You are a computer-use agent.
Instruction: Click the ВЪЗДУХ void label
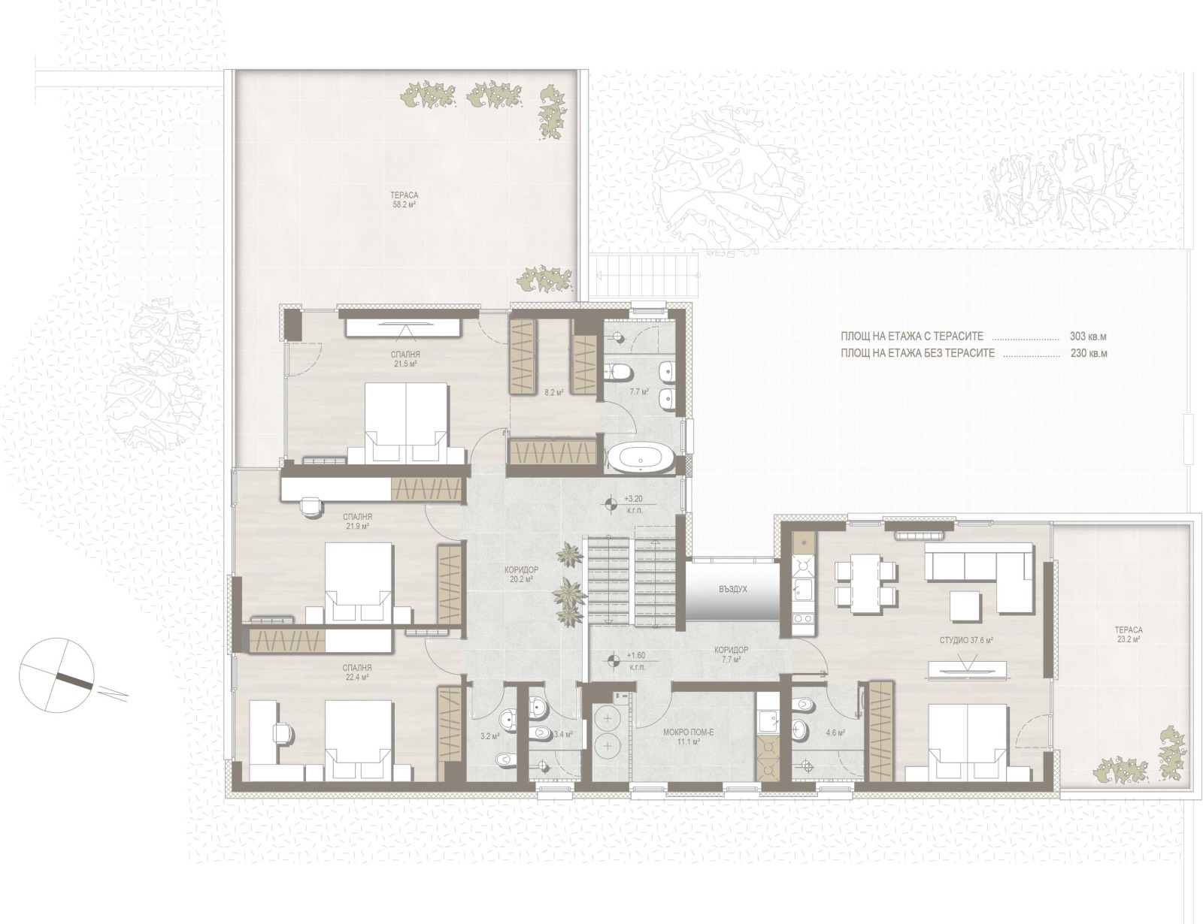(733, 590)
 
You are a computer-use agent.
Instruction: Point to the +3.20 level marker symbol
(611, 503)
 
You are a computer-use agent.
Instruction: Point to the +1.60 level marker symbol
(613, 660)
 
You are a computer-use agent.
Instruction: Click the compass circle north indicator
(56, 675)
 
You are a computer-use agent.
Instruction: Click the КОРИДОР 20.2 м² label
(522, 575)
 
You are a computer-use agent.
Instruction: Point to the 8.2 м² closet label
(553, 392)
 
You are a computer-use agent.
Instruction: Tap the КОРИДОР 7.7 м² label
(732, 655)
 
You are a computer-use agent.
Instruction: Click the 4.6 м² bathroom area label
(835, 733)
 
